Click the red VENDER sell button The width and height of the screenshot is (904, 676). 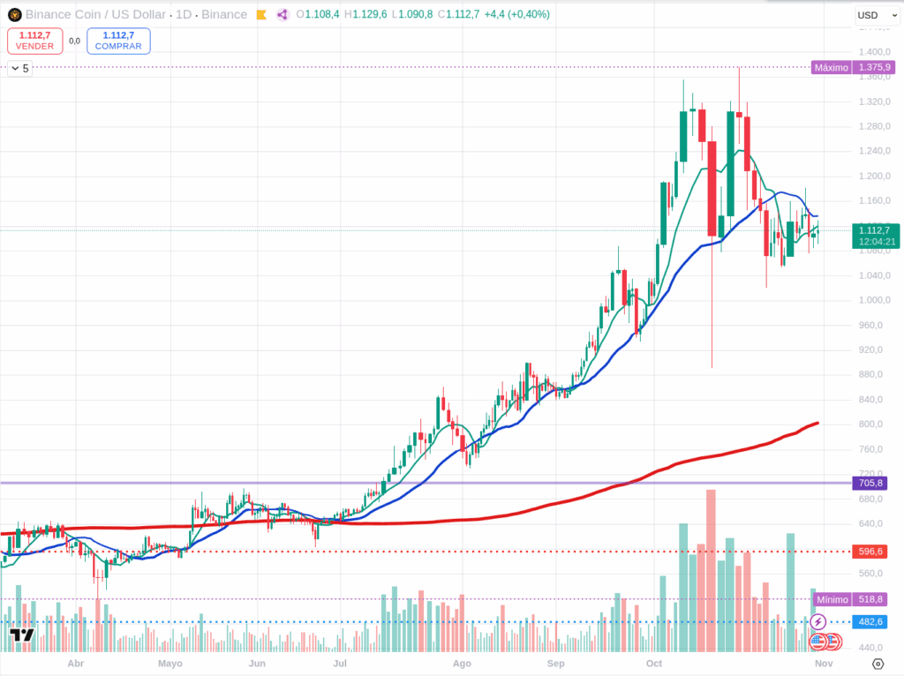pos(34,41)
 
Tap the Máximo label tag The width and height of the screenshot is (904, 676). pos(832,67)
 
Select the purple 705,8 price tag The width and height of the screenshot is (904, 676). pos(870,483)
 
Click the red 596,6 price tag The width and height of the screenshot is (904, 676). pos(870,552)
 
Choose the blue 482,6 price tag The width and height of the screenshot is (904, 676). pos(870,622)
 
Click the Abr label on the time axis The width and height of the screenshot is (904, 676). pos(76,663)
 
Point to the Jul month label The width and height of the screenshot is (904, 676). pos(339,663)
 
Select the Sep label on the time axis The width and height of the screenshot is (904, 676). pos(555,663)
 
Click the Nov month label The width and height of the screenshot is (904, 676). pos(823,663)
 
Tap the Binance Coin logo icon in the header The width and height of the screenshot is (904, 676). pos(15,15)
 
